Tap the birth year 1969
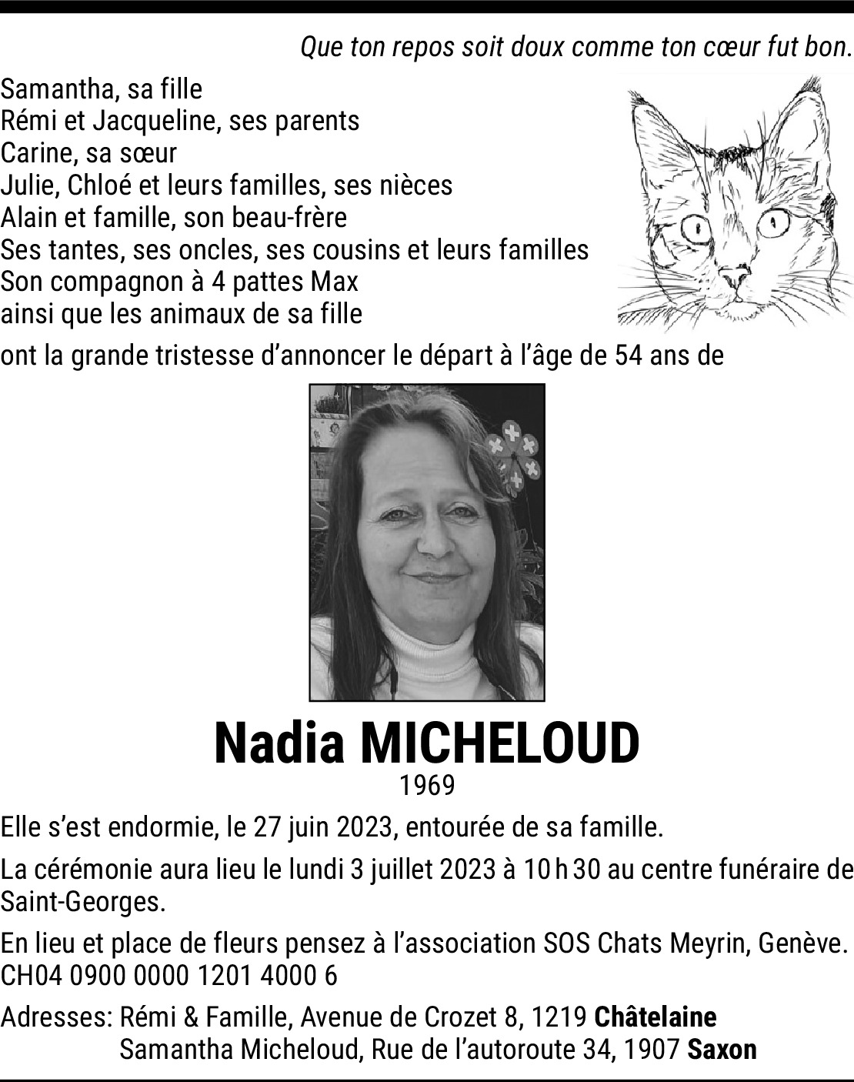coord(427,786)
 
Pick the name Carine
coord(37,153)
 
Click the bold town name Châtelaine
coord(656,1017)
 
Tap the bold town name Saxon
coord(722,1049)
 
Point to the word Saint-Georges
coord(83,902)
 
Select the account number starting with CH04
coord(169,976)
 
